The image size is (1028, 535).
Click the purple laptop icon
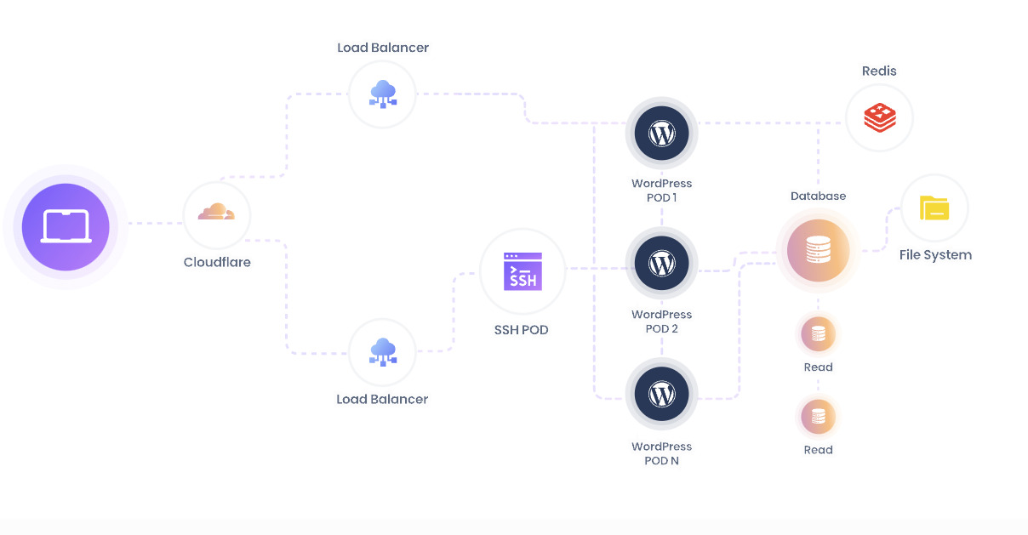66,227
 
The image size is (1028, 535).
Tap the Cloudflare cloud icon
216,212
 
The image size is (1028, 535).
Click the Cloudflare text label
217,262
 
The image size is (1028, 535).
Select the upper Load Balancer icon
382,93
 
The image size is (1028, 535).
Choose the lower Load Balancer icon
382,351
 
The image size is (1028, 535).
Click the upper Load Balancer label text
383,48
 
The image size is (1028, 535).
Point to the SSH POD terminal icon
523,270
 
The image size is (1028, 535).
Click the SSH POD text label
521,329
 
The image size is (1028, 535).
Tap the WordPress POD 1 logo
661,134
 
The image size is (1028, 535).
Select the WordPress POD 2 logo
661,265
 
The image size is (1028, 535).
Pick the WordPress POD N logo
661,395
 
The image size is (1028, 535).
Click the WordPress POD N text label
661,453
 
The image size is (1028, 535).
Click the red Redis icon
879,117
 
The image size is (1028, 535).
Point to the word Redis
879,71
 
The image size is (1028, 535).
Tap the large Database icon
818,250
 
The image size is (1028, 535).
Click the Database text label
818,196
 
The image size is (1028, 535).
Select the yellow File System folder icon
934,208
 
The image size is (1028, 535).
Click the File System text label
935,254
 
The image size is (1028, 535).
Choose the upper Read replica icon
818,334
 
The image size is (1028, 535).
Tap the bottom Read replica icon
818,417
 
